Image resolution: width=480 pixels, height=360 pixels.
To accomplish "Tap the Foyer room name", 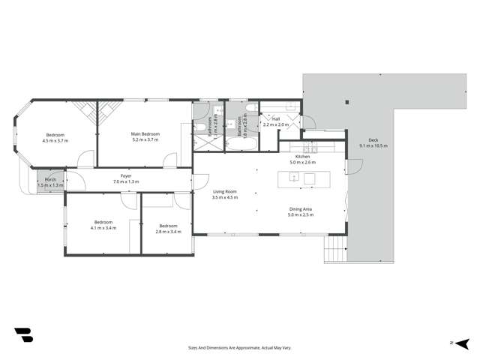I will click(x=125, y=177).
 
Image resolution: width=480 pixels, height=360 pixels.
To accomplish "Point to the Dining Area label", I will click(x=301, y=209).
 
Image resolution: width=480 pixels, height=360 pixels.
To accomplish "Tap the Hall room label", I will click(x=276, y=118).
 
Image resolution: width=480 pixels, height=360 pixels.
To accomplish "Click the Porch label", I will click(x=51, y=180).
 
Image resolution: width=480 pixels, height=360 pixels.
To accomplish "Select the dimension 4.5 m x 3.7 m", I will click(x=55, y=140).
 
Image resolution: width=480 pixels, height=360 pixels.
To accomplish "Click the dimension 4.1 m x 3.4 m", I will click(x=103, y=227).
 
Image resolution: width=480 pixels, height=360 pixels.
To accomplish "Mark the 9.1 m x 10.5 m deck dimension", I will click(x=373, y=145).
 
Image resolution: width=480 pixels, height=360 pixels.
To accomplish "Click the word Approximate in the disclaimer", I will click(x=238, y=348).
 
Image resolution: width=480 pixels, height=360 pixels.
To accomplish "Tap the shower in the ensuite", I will click(x=202, y=138).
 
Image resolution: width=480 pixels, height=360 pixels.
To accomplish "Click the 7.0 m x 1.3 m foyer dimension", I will click(x=125, y=182).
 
